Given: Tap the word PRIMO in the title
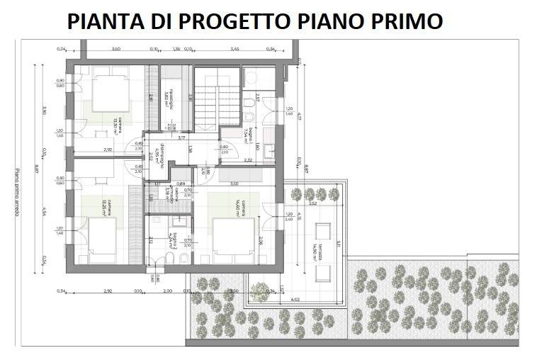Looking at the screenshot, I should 402,21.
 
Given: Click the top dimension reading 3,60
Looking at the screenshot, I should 116,49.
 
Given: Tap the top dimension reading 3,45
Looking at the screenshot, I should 234,49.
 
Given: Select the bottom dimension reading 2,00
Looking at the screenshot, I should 166,291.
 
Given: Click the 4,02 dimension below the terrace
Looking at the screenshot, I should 295,300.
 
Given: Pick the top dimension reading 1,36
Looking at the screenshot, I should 176,49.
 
